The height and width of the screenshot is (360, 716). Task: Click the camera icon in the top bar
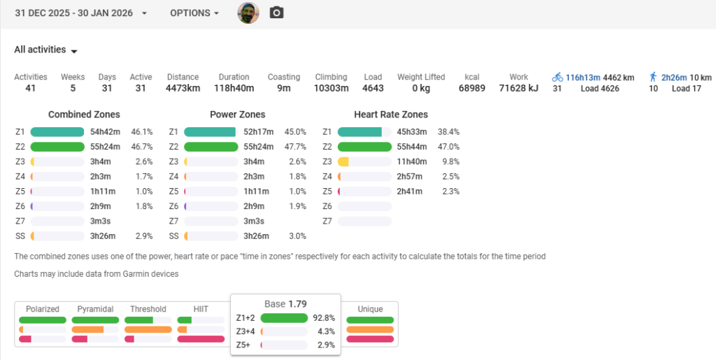(277, 13)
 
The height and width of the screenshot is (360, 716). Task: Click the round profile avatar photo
(248, 13)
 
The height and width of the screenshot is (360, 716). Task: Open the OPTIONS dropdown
(194, 13)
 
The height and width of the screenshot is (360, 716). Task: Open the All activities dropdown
(45, 50)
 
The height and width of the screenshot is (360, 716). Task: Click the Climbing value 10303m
(331, 89)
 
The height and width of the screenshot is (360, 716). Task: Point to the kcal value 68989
(471, 89)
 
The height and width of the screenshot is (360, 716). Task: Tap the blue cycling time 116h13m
(583, 77)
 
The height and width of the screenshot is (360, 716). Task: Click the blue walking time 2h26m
(674, 77)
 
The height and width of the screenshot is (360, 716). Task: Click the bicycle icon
(557, 77)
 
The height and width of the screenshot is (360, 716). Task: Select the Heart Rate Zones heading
(391, 115)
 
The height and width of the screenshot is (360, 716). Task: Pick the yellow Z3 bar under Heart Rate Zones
(343, 161)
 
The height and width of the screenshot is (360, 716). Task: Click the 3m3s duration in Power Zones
(253, 221)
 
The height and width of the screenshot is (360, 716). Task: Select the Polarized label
(42, 309)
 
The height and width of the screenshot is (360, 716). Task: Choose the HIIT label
(201, 309)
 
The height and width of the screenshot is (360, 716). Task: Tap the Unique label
(370, 309)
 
